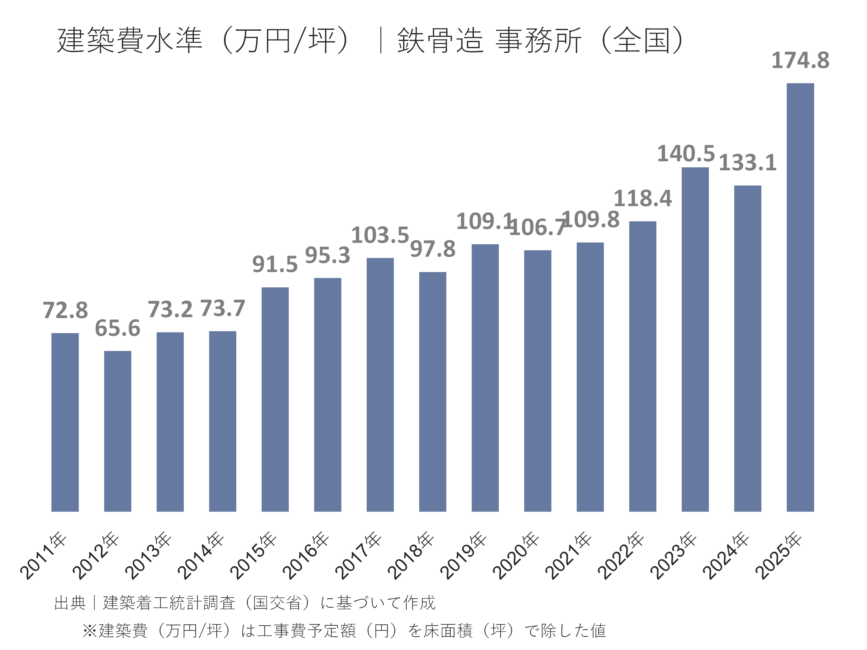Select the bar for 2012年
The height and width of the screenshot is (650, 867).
point(118,431)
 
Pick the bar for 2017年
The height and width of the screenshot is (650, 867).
point(380,384)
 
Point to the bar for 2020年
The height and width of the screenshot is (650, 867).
point(537,380)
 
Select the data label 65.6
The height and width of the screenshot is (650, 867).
point(118,328)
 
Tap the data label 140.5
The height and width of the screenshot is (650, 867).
point(686,153)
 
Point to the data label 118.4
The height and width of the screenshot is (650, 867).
point(642,199)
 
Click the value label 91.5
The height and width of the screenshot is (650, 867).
point(275,265)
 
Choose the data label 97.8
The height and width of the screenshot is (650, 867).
point(433,249)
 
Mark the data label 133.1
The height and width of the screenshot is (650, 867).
point(747,163)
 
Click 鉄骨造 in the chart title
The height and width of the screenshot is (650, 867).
point(440,40)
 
